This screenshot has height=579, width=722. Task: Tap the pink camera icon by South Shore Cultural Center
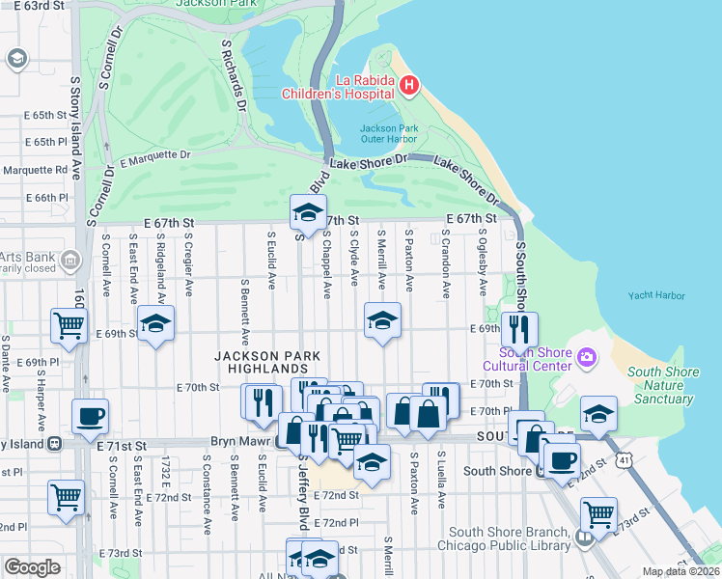[x=586, y=359]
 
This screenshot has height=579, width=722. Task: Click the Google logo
[x=32, y=566]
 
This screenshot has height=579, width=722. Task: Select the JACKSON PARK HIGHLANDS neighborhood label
[x=261, y=363]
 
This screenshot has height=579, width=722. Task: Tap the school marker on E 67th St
[x=307, y=212]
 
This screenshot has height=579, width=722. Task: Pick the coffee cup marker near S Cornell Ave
[x=90, y=417]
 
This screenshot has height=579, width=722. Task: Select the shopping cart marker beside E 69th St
[x=67, y=326]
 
